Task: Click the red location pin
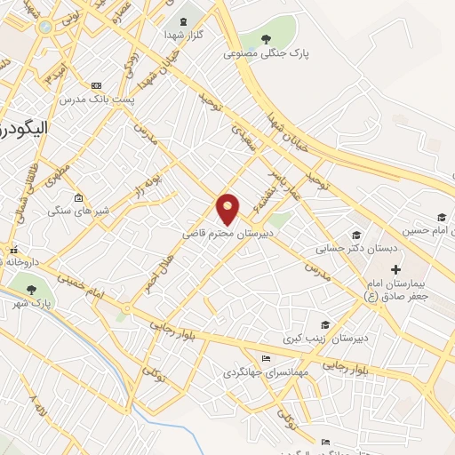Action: pos(228,208)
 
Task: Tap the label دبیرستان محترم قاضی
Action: pos(227,231)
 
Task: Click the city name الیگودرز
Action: pos(22,129)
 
